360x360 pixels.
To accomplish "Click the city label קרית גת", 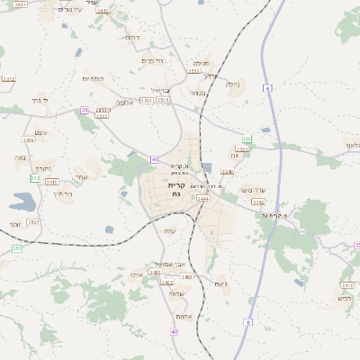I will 175,189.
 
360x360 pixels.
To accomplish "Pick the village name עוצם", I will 40,132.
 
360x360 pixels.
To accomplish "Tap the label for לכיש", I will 344,298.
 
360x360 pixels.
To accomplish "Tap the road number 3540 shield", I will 228,171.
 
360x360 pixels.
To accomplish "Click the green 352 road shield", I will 35,178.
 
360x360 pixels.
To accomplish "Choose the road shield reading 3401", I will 156,272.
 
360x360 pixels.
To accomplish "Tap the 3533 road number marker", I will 102,115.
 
